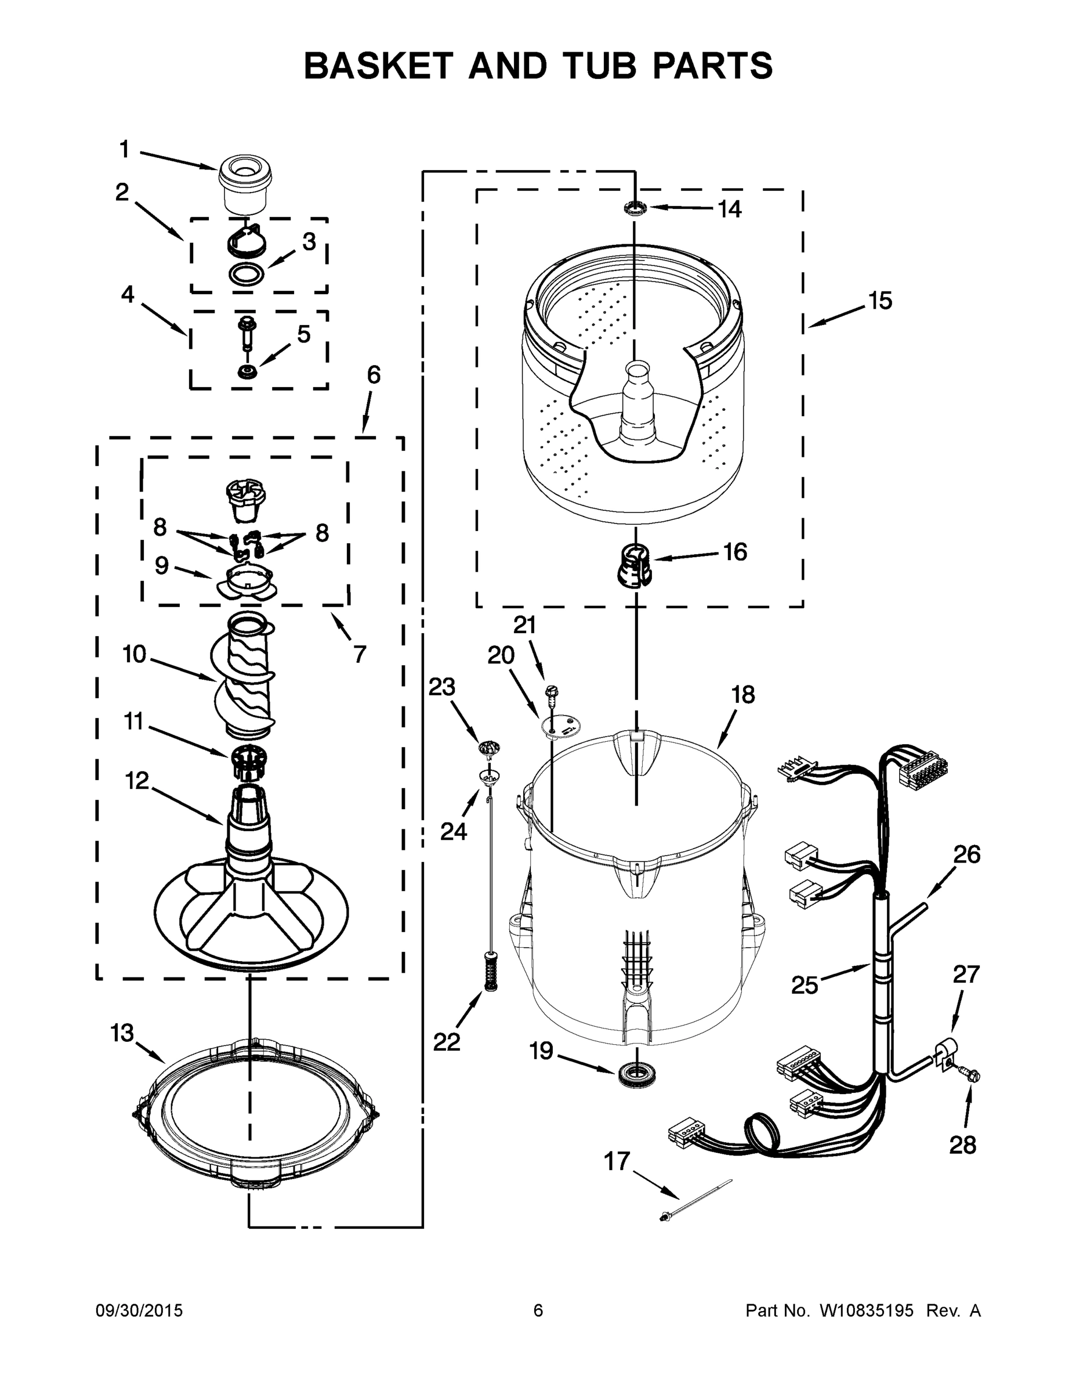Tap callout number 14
click(x=730, y=208)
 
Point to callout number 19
click(x=542, y=1051)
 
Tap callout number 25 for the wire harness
click(x=804, y=985)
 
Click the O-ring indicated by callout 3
click(x=246, y=275)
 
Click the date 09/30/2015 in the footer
click(x=139, y=1311)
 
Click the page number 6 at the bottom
click(x=538, y=1311)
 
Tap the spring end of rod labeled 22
click(x=490, y=972)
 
